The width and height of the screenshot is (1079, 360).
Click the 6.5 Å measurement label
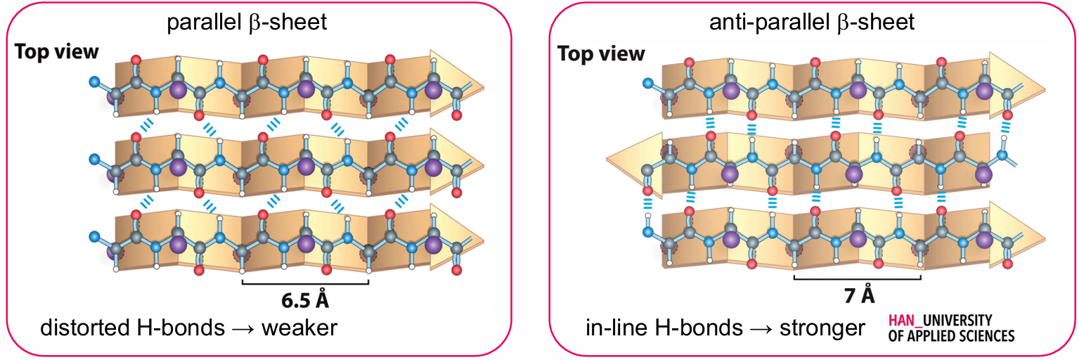tap(304, 301)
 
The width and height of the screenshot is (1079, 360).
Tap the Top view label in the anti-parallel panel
tap(601, 53)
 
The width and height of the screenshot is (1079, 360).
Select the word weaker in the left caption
tap(304, 328)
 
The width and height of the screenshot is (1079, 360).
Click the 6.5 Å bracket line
tap(304, 283)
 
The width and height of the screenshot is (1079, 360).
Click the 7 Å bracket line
tap(857, 278)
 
